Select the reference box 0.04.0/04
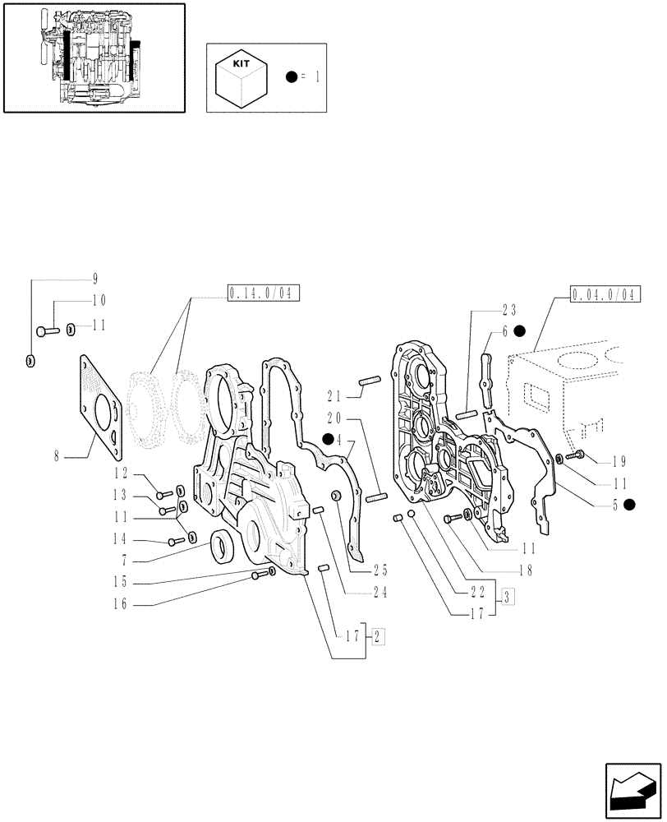605,294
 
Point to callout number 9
95,278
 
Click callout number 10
99,301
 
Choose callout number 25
379,570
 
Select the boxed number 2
378,635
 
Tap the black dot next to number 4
328,439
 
